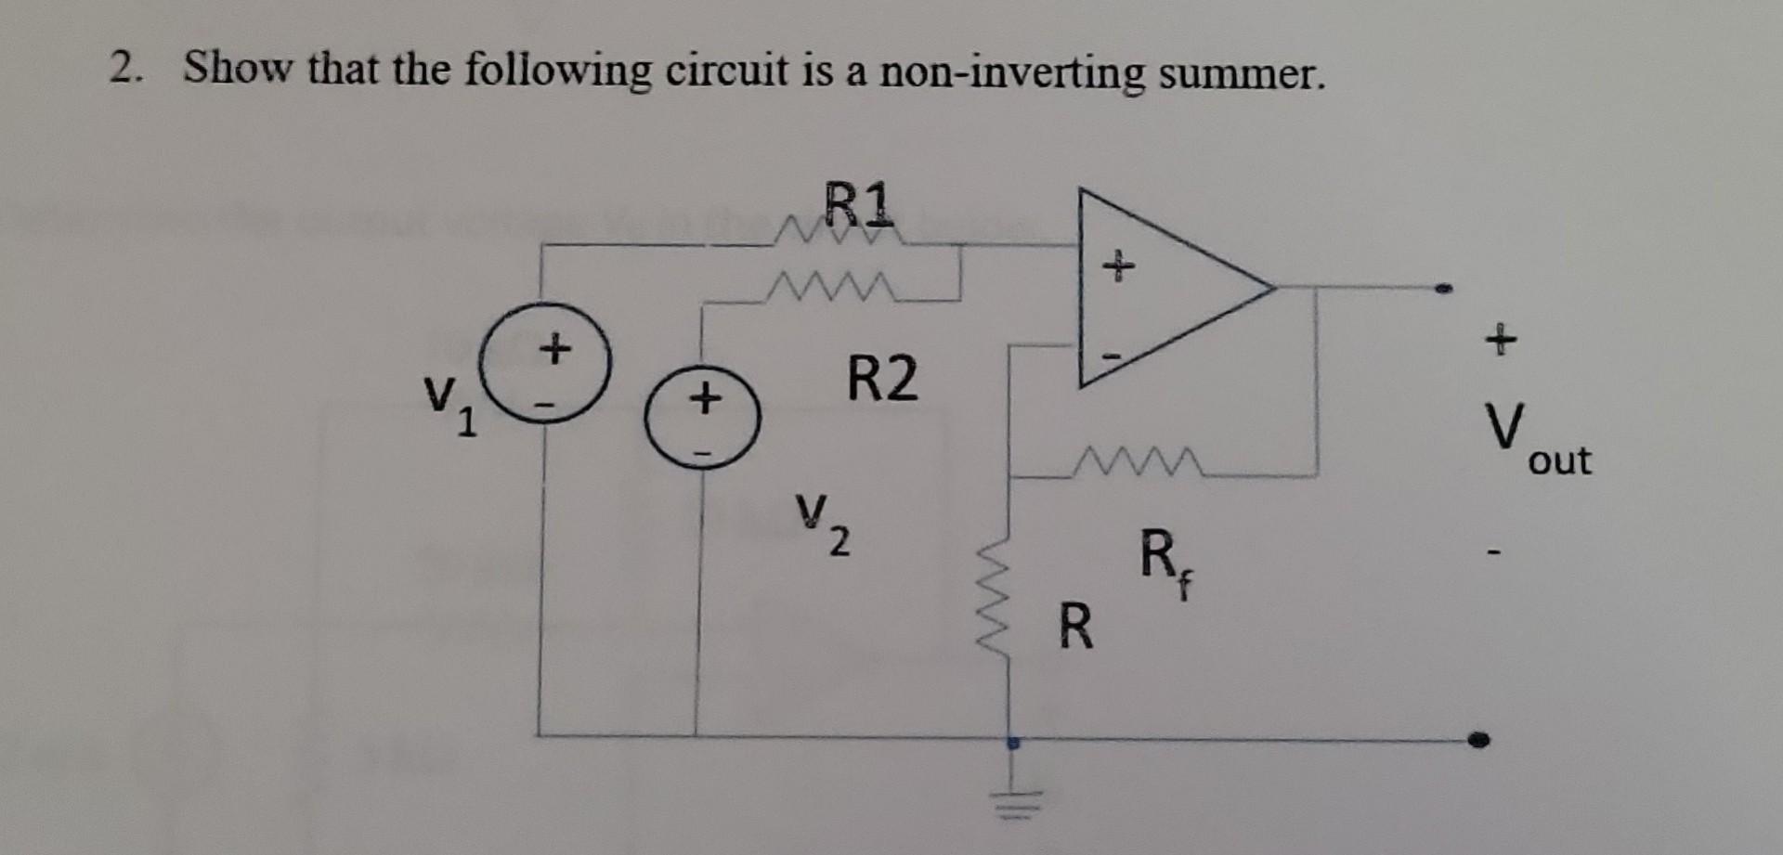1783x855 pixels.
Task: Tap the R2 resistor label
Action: pos(882,379)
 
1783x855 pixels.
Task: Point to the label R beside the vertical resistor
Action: pos(1075,628)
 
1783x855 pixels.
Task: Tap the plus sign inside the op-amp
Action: pos(1118,266)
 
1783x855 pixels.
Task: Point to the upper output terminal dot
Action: pos(1442,289)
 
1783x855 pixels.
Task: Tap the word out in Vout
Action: pos(1560,460)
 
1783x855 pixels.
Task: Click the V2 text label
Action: pos(821,521)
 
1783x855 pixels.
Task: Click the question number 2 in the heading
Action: pos(122,69)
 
